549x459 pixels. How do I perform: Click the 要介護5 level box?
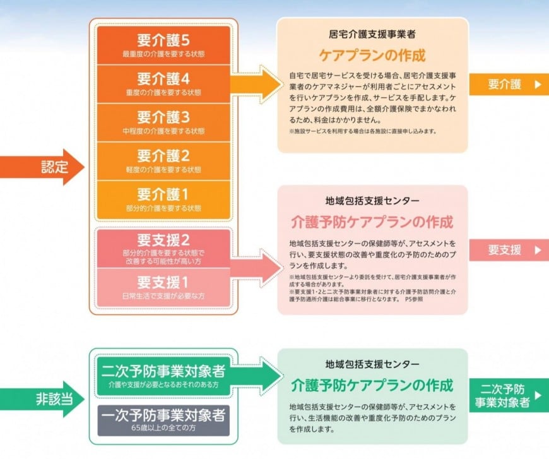pyautogui.click(x=163, y=45)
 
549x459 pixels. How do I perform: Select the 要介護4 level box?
pyautogui.click(x=163, y=84)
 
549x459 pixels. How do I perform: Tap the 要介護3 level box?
pyautogui.click(x=163, y=122)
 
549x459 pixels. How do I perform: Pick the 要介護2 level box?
pyautogui.click(x=163, y=161)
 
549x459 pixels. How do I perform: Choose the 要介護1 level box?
pyautogui.click(x=163, y=200)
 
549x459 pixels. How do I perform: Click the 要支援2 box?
pyautogui.click(x=163, y=249)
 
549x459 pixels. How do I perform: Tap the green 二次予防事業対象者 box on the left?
pyautogui.click(x=163, y=376)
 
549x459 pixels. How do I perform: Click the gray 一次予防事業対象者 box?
pyautogui.click(x=163, y=420)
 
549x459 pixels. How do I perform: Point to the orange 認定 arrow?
pyautogui.click(x=42, y=167)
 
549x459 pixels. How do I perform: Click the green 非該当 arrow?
pyautogui.click(x=42, y=399)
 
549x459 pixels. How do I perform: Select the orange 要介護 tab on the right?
pyautogui.click(x=509, y=84)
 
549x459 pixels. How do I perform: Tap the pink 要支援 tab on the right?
pyautogui.click(x=509, y=250)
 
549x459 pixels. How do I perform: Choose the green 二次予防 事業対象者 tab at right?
pyautogui.click(x=509, y=396)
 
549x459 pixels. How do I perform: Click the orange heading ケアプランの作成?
pyautogui.click(x=372, y=56)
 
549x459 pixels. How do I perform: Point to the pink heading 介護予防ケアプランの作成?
pyautogui.click(x=372, y=222)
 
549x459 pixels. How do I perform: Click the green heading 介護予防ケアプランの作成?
pyautogui.click(x=372, y=385)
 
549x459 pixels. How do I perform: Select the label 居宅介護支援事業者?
pyautogui.click(x=372, y=34)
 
